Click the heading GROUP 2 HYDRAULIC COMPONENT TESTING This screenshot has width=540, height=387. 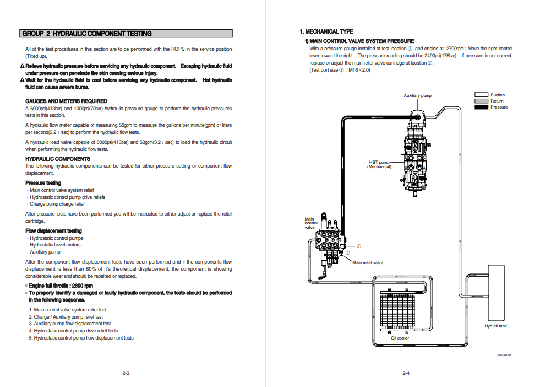[x=87, y=34]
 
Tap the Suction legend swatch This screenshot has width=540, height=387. [x=481, y=95]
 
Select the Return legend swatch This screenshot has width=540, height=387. [x=481, y=101]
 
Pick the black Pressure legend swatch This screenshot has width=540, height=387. [x=481, y=107]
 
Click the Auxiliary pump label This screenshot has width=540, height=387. [x=417, y=95]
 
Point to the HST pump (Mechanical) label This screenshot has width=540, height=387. [x=379, y=164]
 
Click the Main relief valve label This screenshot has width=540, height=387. [x=368, y=262]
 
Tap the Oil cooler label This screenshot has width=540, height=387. [x=400, y=338]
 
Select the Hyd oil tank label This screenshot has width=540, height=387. [x=495, y=326]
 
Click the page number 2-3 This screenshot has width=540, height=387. [x=126, y=373]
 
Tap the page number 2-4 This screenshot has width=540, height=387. [x=406, y=373]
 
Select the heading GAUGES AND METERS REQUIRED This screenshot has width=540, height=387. [x=66, y=101]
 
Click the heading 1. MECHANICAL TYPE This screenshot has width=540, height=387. [x=326, y=31]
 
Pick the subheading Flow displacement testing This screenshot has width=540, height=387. [x=53, y=230]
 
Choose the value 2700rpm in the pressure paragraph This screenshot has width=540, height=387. [x=456, y=49]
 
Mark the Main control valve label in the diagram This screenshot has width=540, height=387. [x=311, y=223]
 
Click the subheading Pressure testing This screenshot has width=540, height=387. [x=43, y=182]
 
